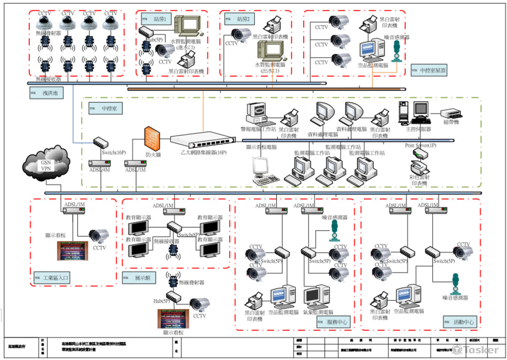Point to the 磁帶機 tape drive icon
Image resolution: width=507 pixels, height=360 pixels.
point(450,115)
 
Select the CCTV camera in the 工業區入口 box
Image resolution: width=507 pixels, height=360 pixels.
point(99,236)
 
